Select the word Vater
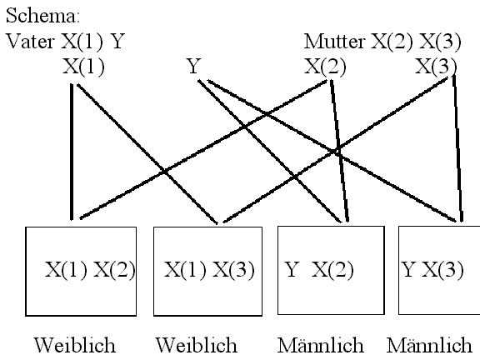[x=30, y=41]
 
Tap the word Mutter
[x=334, y=41]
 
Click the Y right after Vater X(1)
[x=117, y=41]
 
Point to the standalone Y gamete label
[x=194, y=66]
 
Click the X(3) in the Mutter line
[x=440, y=41]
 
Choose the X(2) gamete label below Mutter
[x=325, y=66]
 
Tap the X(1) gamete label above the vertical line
[x=83, y=66]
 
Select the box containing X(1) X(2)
[x=81, y=271]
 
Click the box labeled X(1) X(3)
[x=207, y=271]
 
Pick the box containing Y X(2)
[x=331, y=270]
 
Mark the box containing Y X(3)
[x=439, y=270]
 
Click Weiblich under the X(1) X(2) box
[x=75, y=345]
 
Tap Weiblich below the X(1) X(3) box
[x=197, y=345]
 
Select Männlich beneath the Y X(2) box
[x=321, y=345]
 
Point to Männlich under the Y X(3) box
[x=429, y=345]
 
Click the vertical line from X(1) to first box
[x=72, y=152]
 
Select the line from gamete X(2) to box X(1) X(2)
[x=203, y=149]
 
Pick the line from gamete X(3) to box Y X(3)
[x=458, y=147]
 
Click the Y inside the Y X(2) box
[x=291, y=270]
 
